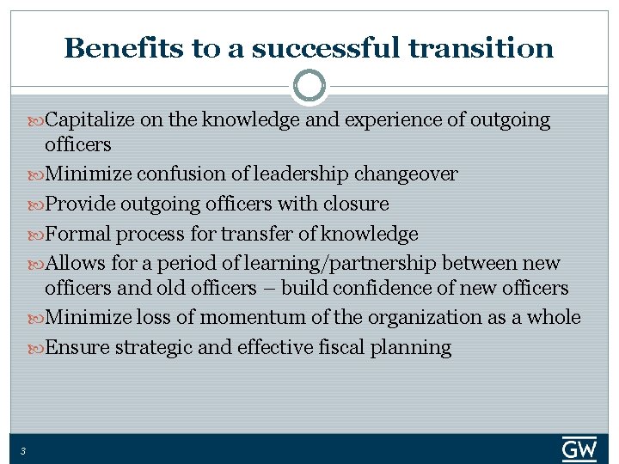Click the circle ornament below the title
(309, 86)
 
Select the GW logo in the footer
(579, 449)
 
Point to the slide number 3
(23, 450)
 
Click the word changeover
(405, 174)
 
